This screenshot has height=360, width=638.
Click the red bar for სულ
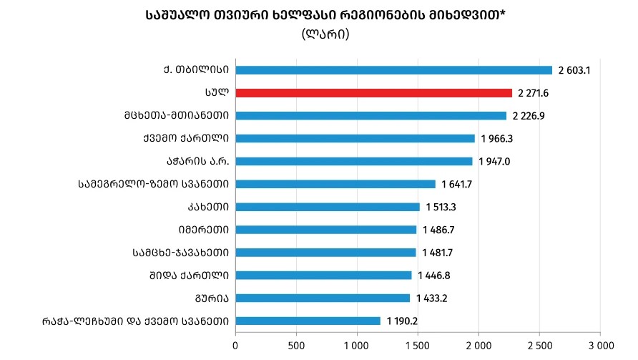pyautogui.click(x=373, y=93)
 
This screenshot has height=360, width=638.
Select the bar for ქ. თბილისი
pyautogui.click(x=393, y=70)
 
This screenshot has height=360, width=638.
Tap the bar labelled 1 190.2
pyautogui.click(x=308, y=321)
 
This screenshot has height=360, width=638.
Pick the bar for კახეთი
pyautogui.click(x=328, y=207)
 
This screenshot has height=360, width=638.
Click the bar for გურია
pyautogui.click(x=323, y=298)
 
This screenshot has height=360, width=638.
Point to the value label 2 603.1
pyautogui.click(x=578, y=70)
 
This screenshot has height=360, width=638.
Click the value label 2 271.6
pyautogui.click(x=538, y=93)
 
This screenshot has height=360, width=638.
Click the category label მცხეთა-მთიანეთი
pyautogui.click(x=176, y=115)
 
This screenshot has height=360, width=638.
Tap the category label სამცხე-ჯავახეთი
pyautogui.click(x=181, y=253)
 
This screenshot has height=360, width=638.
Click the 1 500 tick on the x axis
pyautogui.click(x=418, y=345)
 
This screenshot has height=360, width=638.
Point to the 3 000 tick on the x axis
pyautogui.click(x=599, y=345)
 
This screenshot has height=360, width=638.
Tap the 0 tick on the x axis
pyautogui.click(x=235, y=345)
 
